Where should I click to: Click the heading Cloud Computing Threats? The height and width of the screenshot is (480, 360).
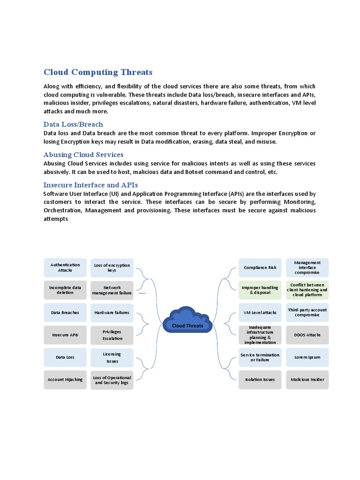98,72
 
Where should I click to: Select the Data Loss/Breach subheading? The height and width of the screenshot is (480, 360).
73,124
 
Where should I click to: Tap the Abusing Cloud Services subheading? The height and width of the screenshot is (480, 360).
83,155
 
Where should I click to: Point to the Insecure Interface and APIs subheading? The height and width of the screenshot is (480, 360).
90,185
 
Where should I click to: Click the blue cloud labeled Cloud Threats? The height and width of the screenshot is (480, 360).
187,322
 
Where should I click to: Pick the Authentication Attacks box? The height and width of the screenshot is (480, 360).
65,268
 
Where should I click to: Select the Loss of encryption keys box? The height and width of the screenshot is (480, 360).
112,268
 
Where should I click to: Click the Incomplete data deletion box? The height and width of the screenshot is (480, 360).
65,290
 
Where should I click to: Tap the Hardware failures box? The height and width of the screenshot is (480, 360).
112,313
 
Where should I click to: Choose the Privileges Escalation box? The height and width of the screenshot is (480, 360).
112,335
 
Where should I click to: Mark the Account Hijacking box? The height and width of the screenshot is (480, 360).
65,380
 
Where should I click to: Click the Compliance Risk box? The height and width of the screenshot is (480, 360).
260,268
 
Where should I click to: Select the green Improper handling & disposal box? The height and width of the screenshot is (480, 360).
260,290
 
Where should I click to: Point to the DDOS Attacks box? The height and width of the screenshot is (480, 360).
307,335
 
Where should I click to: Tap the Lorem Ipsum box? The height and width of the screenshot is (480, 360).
307,357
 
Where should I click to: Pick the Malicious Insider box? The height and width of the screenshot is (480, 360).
307,380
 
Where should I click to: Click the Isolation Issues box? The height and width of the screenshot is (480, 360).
260,380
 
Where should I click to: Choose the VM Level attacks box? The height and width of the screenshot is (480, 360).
260,313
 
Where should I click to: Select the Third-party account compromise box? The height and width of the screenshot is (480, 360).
307,313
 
